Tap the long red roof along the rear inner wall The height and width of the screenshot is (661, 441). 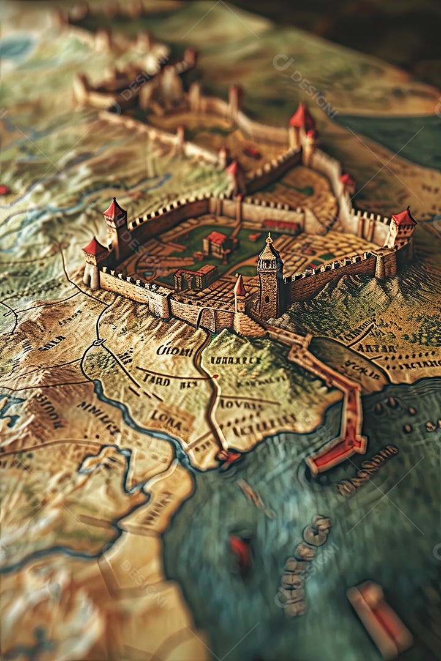tap(280, 225)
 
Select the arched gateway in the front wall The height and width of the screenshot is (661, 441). tap(207, 319)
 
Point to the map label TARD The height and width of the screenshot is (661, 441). tap(156, 379)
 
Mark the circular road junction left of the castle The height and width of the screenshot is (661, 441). tap(99, 343)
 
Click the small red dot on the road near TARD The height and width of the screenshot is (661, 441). tap(215, 384)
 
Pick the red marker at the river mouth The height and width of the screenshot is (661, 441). tap(228, 456)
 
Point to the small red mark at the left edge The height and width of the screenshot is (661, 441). tap(4, 190)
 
